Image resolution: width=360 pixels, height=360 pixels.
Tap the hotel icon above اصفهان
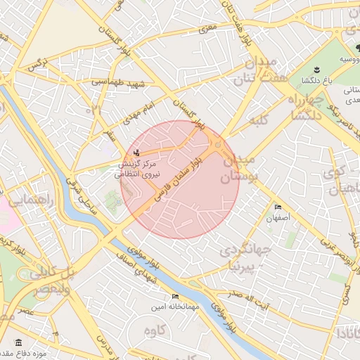coord(278,207)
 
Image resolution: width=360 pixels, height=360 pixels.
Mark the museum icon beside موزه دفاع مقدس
coord(18,342)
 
